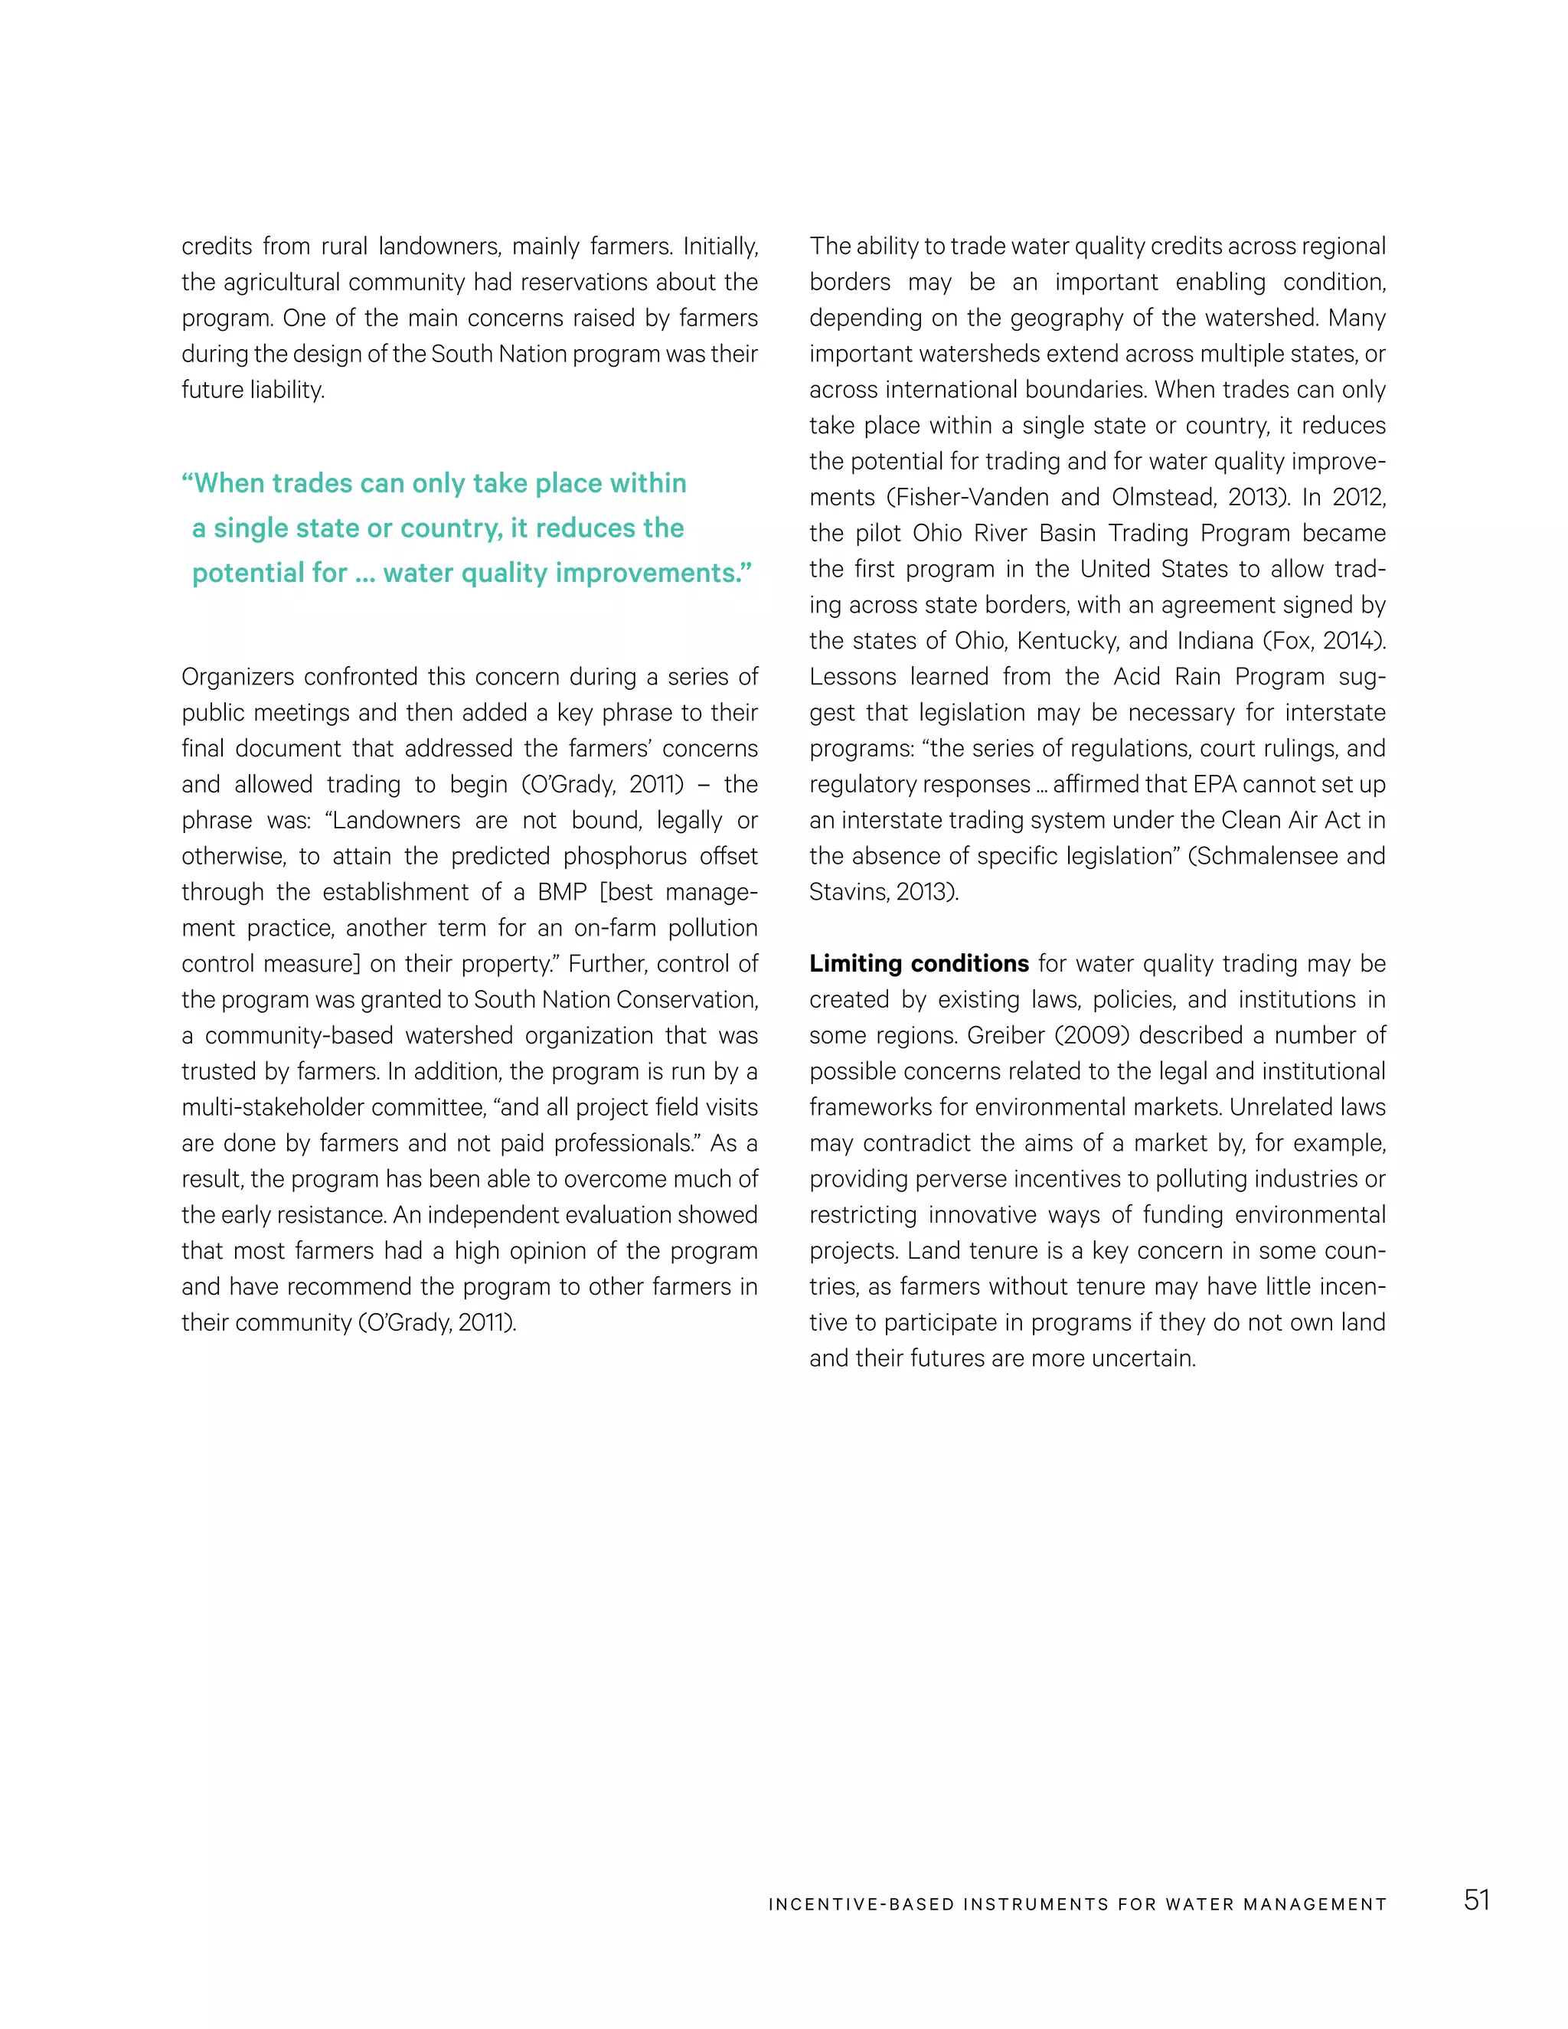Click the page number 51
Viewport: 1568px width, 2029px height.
1476,1900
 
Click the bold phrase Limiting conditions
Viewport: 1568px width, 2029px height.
918,963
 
